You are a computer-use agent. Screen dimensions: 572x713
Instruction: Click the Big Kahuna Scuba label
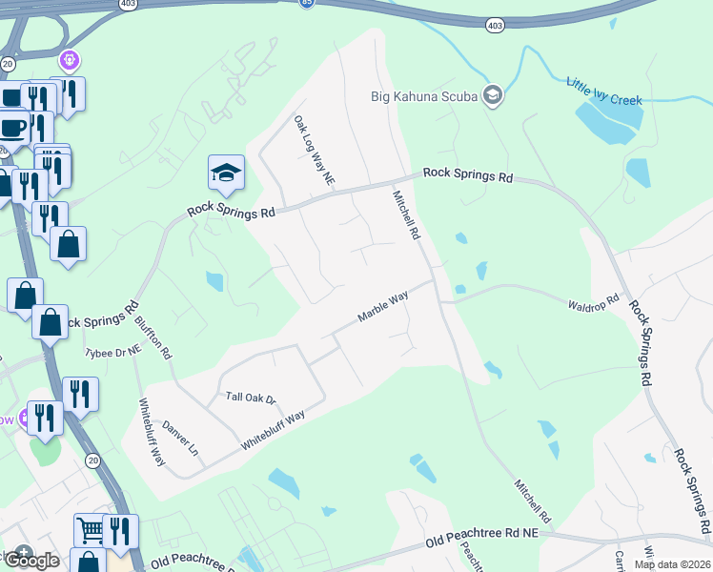[423, 95]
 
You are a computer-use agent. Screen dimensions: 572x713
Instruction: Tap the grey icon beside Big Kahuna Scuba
[493, 94]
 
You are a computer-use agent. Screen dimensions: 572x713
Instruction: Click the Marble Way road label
[383, 306]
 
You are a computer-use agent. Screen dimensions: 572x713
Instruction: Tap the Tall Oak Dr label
[250, 398]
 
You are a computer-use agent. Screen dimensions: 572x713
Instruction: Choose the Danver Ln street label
[180, 438]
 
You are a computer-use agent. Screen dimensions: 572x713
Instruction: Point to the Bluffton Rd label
[153, 337]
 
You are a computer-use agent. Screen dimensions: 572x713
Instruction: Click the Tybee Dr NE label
[113, 352]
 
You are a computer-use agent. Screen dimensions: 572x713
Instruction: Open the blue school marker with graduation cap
[226, 173]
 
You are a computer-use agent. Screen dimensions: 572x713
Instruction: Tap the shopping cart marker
[90, 529]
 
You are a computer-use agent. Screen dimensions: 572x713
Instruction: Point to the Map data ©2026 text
[672, 563]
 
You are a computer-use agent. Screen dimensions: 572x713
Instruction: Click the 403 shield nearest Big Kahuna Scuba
[493, 24]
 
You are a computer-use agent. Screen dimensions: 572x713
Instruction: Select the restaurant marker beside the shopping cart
[120, 529]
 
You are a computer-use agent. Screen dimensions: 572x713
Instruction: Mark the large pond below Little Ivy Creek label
[607, 121]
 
